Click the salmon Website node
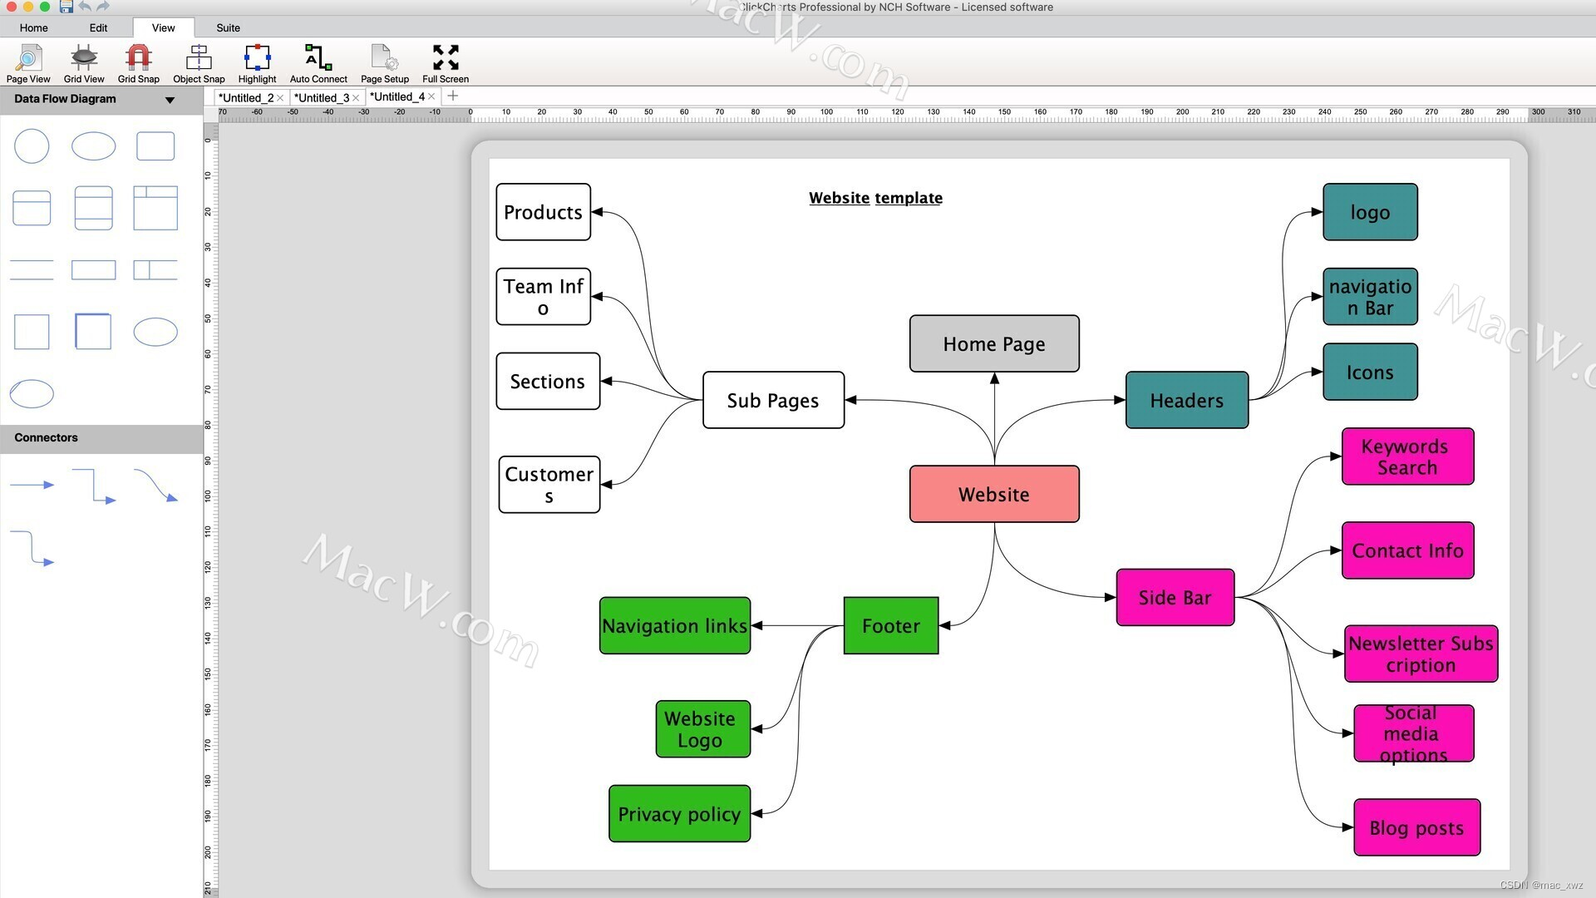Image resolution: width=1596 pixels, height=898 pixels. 994,494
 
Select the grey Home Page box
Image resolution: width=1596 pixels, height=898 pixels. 994,343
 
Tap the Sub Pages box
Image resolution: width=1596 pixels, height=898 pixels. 773,400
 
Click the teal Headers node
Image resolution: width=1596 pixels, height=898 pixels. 1186,400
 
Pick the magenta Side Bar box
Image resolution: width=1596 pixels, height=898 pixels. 1175,597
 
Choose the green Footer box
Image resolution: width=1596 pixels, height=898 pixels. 890,625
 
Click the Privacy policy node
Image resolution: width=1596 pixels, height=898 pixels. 679,813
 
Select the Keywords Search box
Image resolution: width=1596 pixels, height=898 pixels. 1407,456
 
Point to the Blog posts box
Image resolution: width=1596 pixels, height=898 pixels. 1416,827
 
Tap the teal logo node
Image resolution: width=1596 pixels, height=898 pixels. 1370,212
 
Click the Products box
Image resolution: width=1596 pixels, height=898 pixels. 544,212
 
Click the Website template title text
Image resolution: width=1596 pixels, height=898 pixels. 875,198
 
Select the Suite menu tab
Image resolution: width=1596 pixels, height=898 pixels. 228,27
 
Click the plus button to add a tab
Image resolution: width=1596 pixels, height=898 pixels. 452,96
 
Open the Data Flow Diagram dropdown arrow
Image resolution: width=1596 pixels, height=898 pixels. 170,100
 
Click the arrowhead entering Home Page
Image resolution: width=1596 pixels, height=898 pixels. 994,378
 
